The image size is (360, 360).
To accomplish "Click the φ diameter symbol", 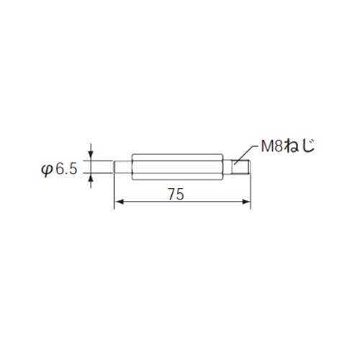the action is click(47, 170).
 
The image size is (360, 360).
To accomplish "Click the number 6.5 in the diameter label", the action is click(66, 169).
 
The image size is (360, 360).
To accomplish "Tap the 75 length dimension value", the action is click(176, 194).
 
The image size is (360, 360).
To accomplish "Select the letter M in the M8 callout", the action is click(267, 146).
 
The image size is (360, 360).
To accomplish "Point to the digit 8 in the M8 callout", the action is click(278, 146).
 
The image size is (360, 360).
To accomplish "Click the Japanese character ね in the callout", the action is click(292, 146).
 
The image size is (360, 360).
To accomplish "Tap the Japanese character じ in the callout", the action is click(308, 146).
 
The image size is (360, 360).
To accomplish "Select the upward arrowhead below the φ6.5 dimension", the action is click(91, 178).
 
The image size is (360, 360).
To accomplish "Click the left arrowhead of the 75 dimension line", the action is click(119, 202).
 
